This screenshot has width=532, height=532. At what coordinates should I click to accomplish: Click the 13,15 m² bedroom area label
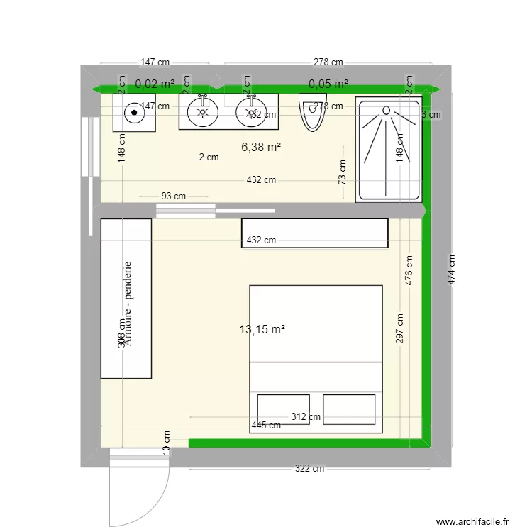point(262,329)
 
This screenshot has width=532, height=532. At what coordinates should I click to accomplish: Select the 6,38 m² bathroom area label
point(261,147)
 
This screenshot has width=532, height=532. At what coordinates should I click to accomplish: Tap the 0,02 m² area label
point(155,84)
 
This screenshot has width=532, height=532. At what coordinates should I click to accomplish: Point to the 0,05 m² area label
point(328,84)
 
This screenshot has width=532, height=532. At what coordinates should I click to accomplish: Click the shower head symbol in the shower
point(387,110)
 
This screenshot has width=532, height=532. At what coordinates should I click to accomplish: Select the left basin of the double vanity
point(204,111)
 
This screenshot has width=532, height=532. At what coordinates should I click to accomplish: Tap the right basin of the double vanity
point(250,112)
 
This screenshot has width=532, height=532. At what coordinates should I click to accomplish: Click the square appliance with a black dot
point(134,111)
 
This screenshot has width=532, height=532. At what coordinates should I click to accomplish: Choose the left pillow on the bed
point(284,409)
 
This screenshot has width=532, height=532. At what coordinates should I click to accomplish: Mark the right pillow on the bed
point(349,409)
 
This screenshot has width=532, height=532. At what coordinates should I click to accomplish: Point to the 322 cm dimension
point(309,469)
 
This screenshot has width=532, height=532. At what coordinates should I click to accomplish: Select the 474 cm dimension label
point(451,270)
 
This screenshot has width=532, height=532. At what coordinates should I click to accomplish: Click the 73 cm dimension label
point(343,172)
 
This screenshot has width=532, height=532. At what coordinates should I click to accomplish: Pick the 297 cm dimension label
point(401,328)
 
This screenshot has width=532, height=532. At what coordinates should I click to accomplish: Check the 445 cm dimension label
point(266,426)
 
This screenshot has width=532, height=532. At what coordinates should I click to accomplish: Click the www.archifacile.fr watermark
point(472,521)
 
